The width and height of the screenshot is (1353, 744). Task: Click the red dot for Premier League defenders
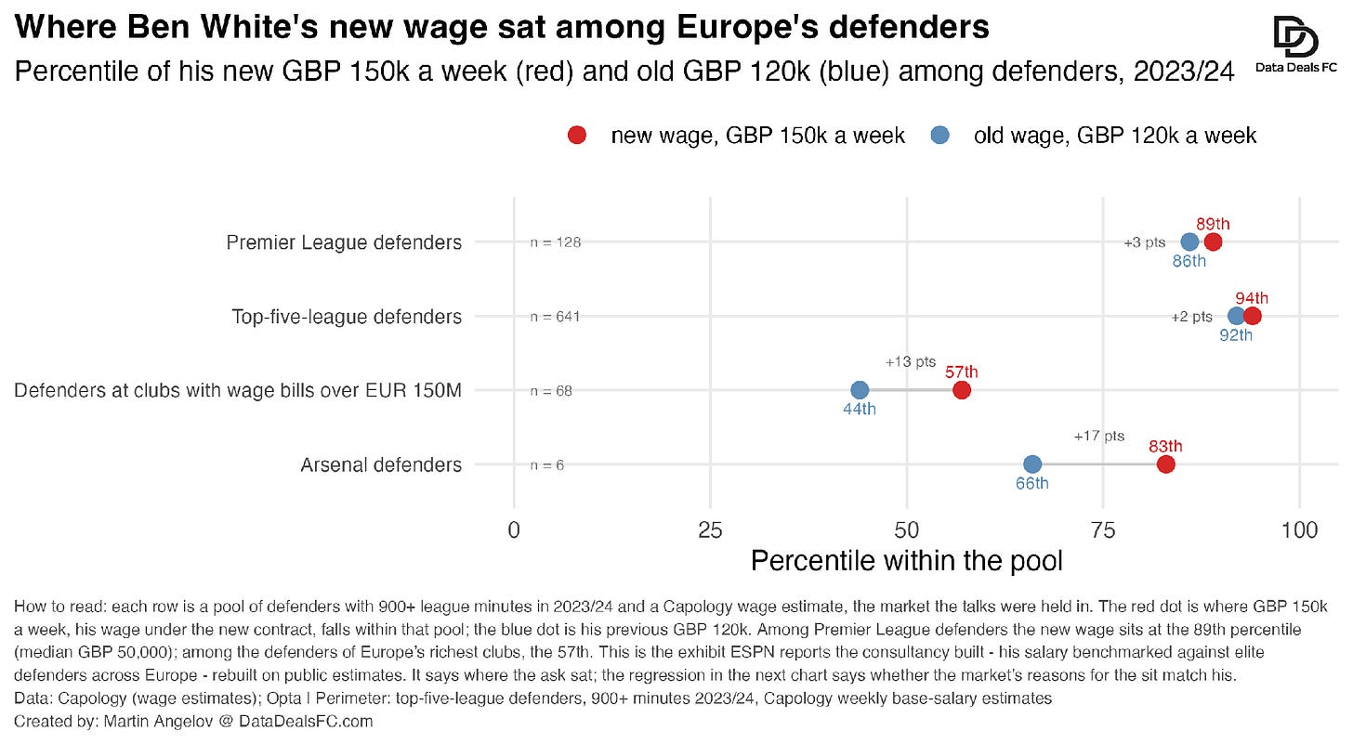1213,242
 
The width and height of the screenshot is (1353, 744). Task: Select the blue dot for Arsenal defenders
1032,464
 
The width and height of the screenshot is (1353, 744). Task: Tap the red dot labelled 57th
962,390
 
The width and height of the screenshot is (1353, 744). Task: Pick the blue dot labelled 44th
860,390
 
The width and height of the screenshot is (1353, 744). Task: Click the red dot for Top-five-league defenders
1252,316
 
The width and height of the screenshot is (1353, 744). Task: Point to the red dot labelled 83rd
1165,464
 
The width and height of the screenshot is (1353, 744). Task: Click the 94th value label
1252,298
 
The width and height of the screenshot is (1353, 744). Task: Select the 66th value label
1031,483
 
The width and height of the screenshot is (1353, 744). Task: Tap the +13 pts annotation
911,361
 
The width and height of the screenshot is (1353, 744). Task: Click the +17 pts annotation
1099,436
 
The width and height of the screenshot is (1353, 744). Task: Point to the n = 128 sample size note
556,242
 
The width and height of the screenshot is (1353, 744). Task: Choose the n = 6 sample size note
547,465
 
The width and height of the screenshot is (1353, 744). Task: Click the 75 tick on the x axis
1103,530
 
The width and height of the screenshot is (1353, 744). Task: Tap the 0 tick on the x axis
514,530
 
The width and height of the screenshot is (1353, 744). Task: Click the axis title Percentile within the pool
906,561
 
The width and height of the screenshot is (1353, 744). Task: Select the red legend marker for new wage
577,136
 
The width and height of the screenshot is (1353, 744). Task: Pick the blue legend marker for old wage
939,136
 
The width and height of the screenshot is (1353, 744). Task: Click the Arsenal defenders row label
381,465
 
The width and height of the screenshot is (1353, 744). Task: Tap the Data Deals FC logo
1296,44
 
